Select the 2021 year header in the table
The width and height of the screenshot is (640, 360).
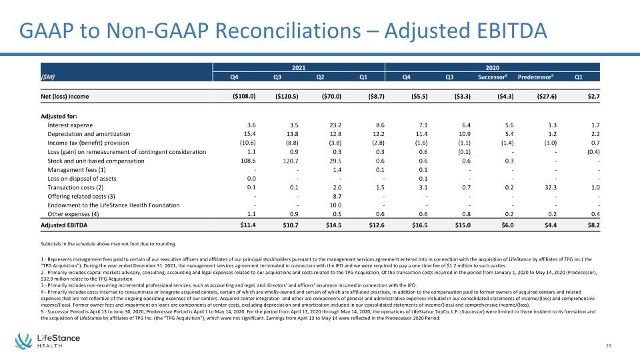pyautogui.click(x=299, y=68)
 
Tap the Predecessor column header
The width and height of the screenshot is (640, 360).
pyautogui.click(x=535, y=77)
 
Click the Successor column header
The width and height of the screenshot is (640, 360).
pyautogui.click(x=492, y=77)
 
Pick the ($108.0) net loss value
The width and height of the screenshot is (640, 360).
pyautogui.click(x=244, y=96)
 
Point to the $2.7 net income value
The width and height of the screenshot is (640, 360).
pyautogui.click(x=593, y=96)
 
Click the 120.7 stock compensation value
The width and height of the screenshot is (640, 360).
pyautogui.click(x=291, y=161)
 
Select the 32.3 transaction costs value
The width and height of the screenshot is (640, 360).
pyautogui.click(x=551, y=187)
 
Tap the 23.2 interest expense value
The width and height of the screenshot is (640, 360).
pyautogui.click(x=335, y=125)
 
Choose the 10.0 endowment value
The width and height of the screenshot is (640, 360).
pyautogui.click(x=335, y=205)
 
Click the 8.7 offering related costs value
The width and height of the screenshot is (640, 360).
pyautogui.click(x=337, y=196)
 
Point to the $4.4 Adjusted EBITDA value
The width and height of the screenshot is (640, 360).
pyautogui.click(x=551, y=225)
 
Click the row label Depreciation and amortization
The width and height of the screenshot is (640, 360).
pyautogui.click(x=89, y=134)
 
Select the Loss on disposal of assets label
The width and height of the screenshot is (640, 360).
pyautogui.click(x=81, y=179)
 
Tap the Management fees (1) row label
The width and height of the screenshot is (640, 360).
pyautogui.click(x=76, y=170)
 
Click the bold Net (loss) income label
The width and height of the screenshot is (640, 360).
pyautogui.click(x=65, y=96)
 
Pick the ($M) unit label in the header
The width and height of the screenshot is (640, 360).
pyautogui.click(x=47, y=77)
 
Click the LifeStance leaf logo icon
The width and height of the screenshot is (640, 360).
pyautogui.click(x=24, y=341)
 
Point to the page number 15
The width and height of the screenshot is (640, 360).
pyautogui.click(x=609, y=345)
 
